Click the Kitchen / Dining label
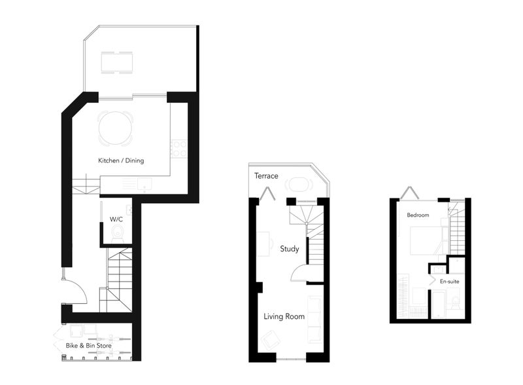click(121, 160)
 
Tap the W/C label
click(116, 219)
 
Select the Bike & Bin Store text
click(89, 346)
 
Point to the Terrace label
click(266, 175)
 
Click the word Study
click(289, 249)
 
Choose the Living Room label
click(284, 316)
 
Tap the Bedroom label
click(418, 215)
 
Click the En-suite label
click(449, 282)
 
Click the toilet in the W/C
click(117, 233)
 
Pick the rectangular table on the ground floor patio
click(117, 62)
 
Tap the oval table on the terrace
click(299, 185)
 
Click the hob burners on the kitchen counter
click(179, 148)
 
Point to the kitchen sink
click(144, 185)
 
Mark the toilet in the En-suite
click(454, 303)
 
